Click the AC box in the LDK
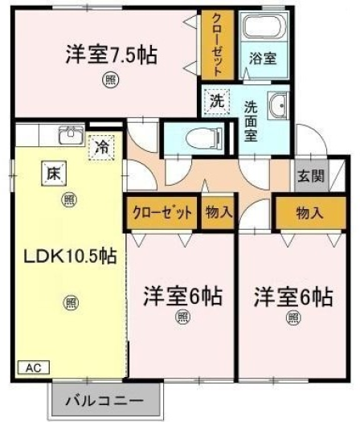click(34, 367)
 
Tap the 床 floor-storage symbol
click(54, 174)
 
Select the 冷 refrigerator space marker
click(101, 147)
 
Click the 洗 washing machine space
click(217, 101)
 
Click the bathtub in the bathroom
click(262, 27)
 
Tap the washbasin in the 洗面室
click(278, 106)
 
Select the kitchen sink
click(72, 135)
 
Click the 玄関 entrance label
click(311, 176)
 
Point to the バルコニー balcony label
click(104, 401)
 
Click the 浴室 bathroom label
click(262, 59)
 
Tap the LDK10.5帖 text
click(70, 256)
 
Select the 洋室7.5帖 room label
click(112, 55)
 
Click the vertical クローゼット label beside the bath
click(217, 45)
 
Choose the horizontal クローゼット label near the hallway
click(163, 213)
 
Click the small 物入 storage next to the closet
click(219, 212)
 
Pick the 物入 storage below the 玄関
click(309, 213)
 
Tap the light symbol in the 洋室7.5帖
click(110, 80)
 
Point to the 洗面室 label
click(251, 121)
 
